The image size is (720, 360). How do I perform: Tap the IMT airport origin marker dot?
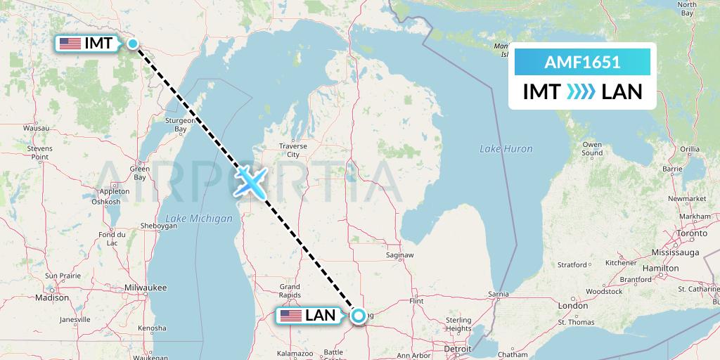coord(132,44)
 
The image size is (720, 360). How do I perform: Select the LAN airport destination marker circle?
coord(359,316)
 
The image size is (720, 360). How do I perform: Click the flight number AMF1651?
coord(582,62)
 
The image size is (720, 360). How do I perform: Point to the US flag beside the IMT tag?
coord(70,44)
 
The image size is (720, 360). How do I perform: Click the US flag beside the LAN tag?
coord(290,316)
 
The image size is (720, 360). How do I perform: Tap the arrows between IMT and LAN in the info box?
coord(581,91)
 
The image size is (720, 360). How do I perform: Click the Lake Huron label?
coord(506,148)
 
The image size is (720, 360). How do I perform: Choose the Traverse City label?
coord(293,150)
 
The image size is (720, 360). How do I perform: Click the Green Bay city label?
coord(141,172)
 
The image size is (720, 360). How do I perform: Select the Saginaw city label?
coord(399,255)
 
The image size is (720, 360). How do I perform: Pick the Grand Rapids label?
coord(290,290)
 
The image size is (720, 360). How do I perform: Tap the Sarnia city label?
coord(498,293)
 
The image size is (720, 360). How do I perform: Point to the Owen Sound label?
coord(592,148)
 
